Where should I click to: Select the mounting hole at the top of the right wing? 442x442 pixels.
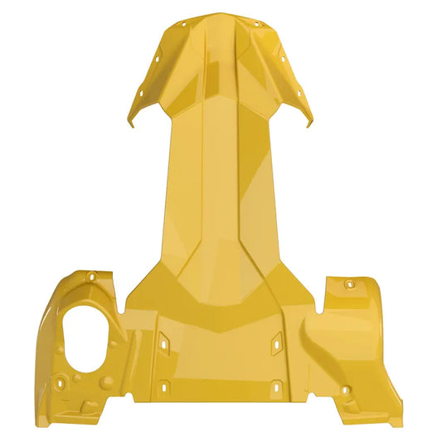coord(349,284)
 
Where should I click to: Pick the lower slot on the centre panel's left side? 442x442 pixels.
coord(164,386)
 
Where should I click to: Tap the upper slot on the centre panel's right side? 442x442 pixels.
coord(277,340)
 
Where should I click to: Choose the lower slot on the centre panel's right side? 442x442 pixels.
coord(277,385)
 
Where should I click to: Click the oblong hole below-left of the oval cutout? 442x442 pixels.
coord(60,384)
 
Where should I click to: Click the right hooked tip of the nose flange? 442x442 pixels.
coord(310,125)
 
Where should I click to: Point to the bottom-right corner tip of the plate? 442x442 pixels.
coord(401,419)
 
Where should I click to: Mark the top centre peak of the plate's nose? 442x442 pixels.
coord(221,13)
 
